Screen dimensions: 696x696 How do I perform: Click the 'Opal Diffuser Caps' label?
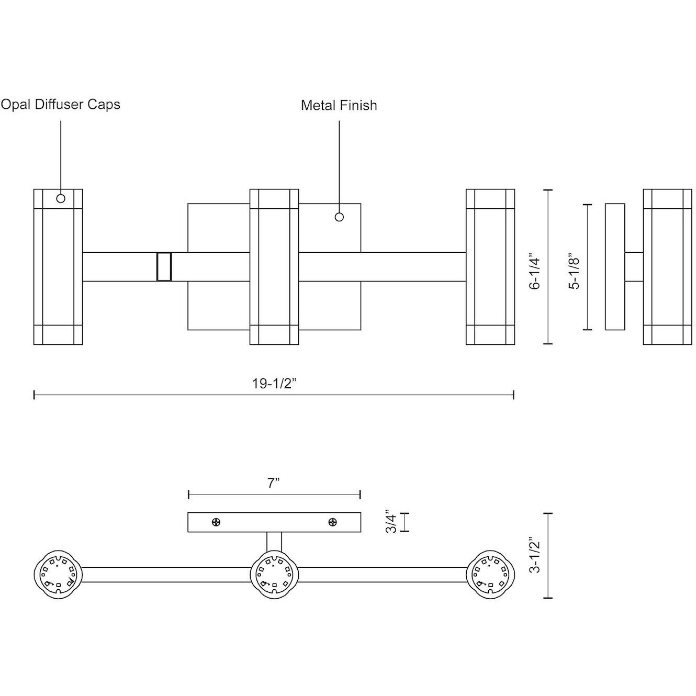coord(61,105)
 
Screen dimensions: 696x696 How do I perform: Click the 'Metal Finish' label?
coord(339,106)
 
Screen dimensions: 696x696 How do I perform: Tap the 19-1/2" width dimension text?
coord(275,384)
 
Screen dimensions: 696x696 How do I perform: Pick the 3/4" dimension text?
coord(390,521)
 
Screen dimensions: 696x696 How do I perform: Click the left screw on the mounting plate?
coord(216,522)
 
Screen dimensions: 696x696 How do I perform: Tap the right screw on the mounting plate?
coord(332,522)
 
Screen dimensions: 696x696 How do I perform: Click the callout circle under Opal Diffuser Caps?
coord(61,198)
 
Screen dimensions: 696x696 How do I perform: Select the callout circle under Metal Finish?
coord(339,217)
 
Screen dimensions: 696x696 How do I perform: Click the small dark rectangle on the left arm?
coord(164,267)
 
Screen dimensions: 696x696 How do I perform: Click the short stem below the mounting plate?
coord(274,542)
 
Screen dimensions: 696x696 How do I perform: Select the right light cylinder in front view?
coord(490,267)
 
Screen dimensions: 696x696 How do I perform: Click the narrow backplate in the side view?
coord(615,267)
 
